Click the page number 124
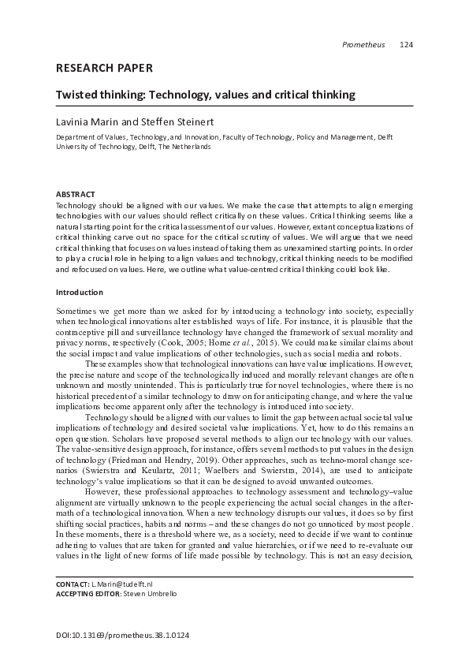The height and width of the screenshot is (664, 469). point(406,44)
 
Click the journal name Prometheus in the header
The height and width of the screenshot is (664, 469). point(363,44)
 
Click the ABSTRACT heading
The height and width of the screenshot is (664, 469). point(75,194)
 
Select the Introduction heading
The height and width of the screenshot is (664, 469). point(80,292)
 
